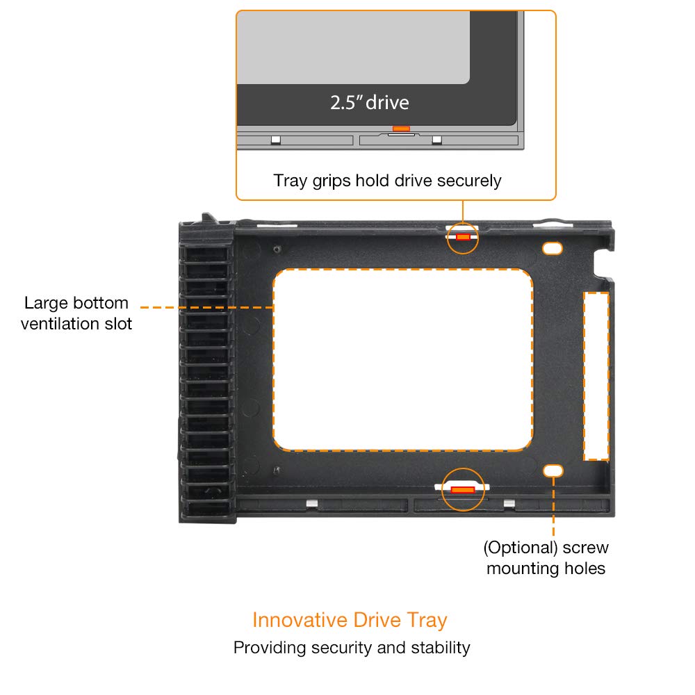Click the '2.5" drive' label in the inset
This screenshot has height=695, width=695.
point(369,103)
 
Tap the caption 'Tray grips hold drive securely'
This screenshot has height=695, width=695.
point(387,181)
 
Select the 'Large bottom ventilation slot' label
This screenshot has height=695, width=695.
point(76,313)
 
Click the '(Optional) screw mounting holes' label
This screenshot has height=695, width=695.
point(546,558)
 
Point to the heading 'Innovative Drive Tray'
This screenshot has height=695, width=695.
point(350,619)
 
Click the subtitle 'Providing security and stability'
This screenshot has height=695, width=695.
point(352,648)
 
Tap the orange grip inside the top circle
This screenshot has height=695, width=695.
point(463,237)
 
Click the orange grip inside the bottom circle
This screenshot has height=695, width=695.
point(462,490)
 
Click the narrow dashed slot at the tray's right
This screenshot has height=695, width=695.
point(596,375)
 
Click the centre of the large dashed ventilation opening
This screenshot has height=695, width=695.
point(403,360)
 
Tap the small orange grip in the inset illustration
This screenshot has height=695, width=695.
point(401,129)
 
